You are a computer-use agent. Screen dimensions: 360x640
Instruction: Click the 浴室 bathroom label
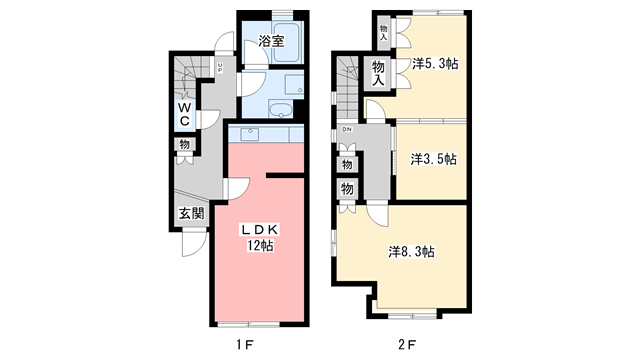[272, 41]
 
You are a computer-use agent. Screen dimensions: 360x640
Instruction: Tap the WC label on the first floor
[186, 113]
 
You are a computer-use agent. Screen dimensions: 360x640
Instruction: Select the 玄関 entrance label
[191, 213]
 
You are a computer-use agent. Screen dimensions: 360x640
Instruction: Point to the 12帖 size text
[263, 247]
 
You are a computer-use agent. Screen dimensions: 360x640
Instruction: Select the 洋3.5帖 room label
[433, 158]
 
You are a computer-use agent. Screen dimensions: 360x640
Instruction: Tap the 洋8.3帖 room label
[411, 252]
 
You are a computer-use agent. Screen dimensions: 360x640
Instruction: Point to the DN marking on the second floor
[346, 130]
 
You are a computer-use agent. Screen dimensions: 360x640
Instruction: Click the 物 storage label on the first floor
[184, 145]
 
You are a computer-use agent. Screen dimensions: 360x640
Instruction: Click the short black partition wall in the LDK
[283, 176]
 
